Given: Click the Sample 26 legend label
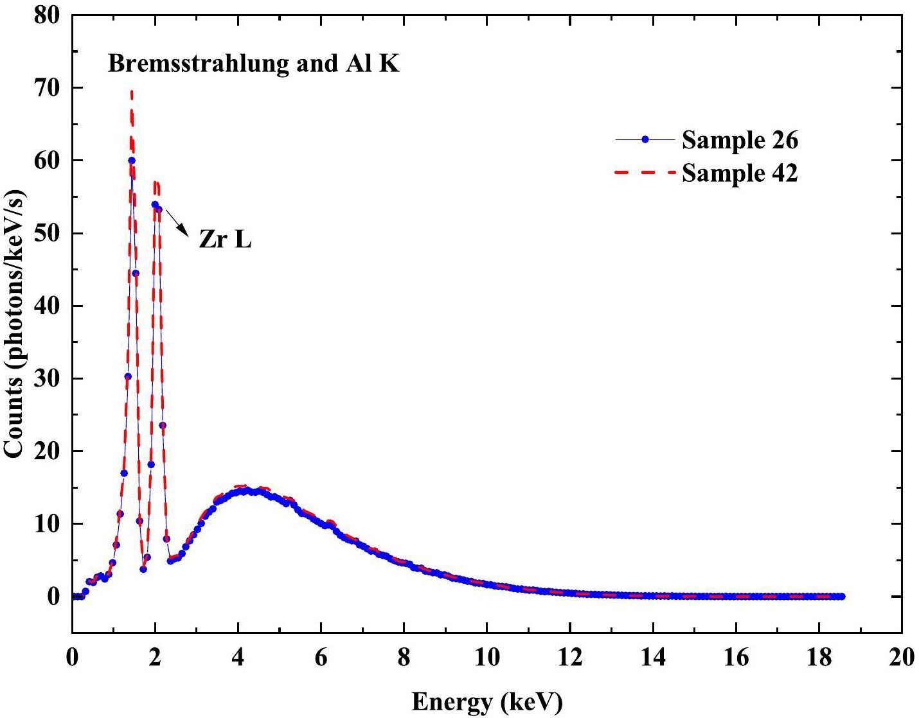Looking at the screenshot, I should coord(740,140).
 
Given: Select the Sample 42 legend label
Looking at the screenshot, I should coord(740,173).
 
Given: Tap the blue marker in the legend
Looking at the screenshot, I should coord(645,139).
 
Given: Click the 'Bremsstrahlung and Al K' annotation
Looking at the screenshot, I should coord(253,64).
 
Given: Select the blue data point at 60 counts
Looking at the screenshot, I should coord(131,161).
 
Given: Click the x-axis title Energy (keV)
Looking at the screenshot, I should coord(486,701).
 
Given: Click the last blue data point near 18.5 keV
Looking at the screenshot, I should coord(841,597).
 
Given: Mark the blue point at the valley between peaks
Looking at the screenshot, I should coord(143,569).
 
